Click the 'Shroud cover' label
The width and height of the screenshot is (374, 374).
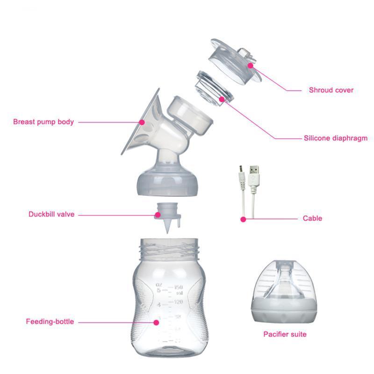click(x=331, y=90)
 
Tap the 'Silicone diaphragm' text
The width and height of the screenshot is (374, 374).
click(x=335, y=138)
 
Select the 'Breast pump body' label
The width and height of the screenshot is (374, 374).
click(x=43, y=122)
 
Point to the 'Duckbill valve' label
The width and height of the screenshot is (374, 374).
click(x=51, y=215)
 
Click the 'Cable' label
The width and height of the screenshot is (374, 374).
click(x=312, y=218)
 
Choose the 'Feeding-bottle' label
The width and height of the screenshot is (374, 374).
click(x=50, y=322)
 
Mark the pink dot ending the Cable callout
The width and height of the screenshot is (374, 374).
click(x=243, y=218)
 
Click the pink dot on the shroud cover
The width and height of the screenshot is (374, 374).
click(x=251, y=65)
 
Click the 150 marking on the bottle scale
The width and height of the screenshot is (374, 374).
click(x=178, y=286)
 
